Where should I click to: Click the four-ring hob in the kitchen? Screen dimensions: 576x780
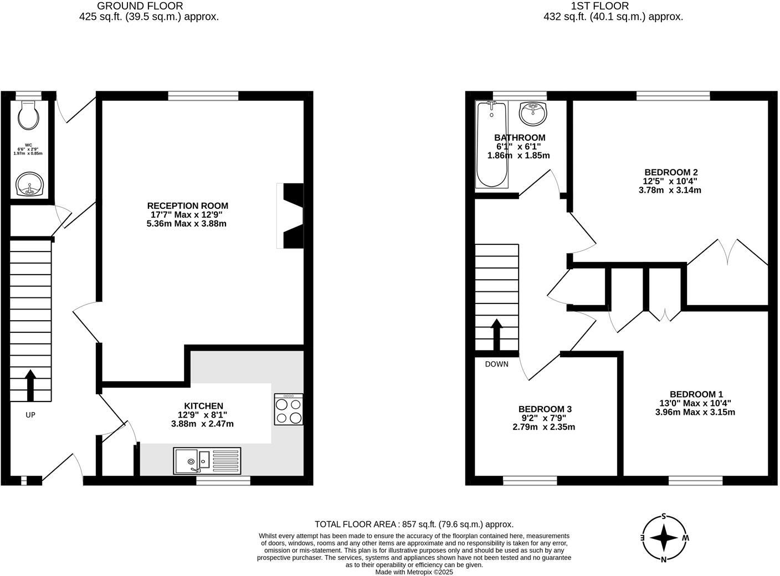[289, 409]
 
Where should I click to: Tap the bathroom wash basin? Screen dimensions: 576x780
[533, 114]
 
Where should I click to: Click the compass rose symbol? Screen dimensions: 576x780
[664, 538]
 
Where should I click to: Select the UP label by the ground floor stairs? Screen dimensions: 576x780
[30, 414]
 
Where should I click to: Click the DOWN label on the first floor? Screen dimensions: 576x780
[496, 364]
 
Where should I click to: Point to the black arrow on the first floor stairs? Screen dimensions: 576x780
[497, 334]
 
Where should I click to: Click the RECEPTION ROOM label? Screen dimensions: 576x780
[188, 206]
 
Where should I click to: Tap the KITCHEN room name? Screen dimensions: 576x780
[203, 406]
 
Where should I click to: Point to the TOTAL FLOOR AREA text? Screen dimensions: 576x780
[414, 524]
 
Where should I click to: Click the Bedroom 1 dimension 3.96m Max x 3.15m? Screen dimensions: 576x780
[695, 412]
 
